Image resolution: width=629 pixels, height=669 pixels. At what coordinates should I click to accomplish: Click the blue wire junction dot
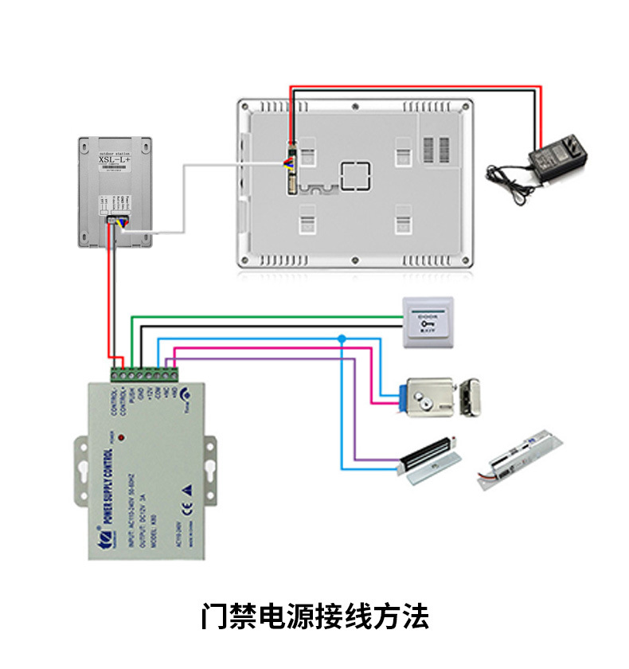342,339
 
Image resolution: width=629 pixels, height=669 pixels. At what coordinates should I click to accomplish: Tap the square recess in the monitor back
356,176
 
